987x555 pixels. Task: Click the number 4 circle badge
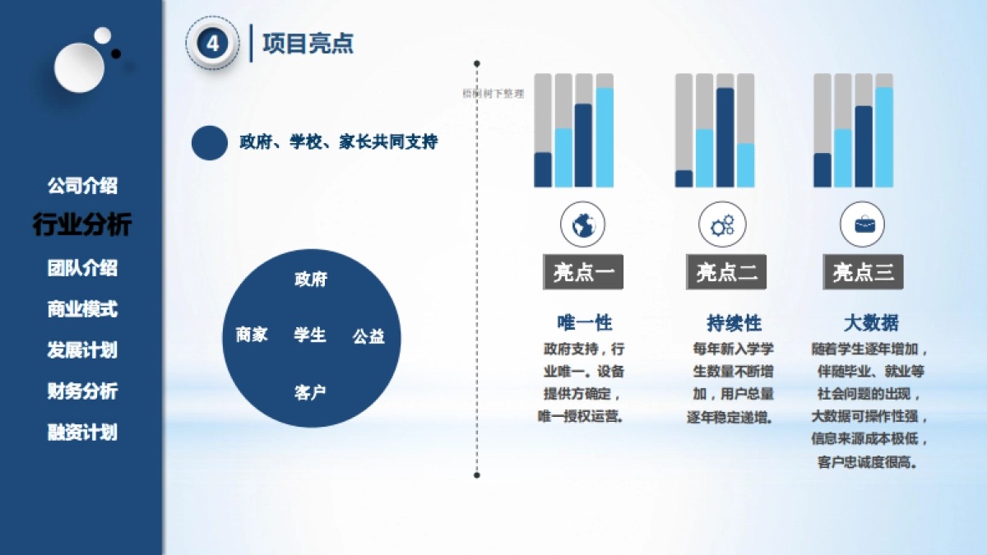(213, 44)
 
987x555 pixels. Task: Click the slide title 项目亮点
(308, 44)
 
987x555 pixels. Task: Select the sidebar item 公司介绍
(82, 186)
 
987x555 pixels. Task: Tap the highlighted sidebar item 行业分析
(82, 224)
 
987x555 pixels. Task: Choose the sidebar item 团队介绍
(82, 268)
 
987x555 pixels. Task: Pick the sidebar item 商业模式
(82, 309)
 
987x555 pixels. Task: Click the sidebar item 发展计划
(82, 350)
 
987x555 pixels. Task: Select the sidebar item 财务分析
(82, 391)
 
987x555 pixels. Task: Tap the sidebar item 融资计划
(82, 432)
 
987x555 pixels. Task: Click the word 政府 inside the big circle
(311, 280)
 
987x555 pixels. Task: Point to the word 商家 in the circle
(252, 335)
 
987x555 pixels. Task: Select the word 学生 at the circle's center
(310, 335)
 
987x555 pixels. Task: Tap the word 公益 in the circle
(368, 336)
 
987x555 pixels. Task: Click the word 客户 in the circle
(310, 392)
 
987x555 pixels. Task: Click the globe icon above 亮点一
(583, 224)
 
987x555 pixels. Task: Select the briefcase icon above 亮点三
(864, 224)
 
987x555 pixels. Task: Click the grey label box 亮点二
(726, 272)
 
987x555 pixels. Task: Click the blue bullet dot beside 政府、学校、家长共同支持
(210, 142)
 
